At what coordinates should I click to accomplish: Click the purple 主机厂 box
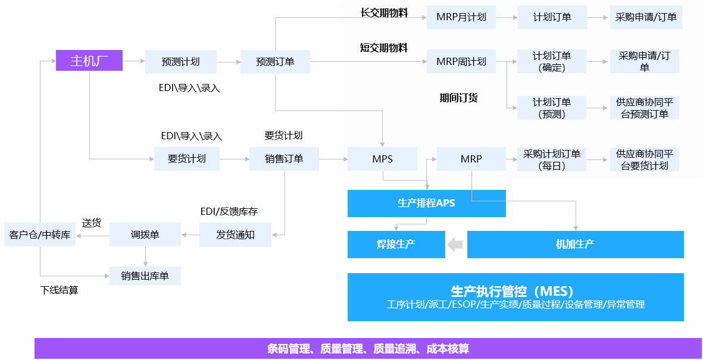pyautogui.click(x=89, y=61)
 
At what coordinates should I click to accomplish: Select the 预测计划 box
pyautogui.click(x=180, y=62)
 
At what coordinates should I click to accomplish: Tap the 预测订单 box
pyautogui.click(x=275, y=62)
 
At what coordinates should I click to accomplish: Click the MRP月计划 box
pyautogui.click(x=461, y=17)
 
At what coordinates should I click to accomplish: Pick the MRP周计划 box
pyautogui.click(x=461, y=61)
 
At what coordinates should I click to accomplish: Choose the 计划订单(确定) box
pyautogui.click(x=552, y=61)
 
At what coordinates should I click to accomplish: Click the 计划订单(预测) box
pyautogui.click(x=552, y=108)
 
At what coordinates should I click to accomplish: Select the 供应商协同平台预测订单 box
pyautogui.click(x=645, y=108)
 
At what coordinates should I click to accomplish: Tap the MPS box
pyautogui.click(x=383, y=159)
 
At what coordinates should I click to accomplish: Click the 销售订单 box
pyautogui.click(x=284, y=159)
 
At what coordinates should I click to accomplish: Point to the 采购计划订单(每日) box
pyautogui.click(x=552, y=159)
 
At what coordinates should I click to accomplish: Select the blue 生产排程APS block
pyautogui.click(x=426, y=203)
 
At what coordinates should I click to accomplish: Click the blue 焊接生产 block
pyautogui.click(x=396, y=244)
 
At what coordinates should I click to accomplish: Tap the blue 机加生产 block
pyautogui.click(x=575, y=244)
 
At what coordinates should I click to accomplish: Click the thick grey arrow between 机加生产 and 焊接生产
pyautogui.click(x=455, y=244)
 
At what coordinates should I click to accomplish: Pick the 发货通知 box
pyautogui.click(x=235, y=235)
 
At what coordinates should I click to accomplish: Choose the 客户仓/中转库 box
pyautogui.click(x=40, y=235)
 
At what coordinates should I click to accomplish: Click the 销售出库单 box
pyautogui.click(x=145, y=276)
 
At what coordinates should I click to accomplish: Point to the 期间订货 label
pyautogui.click(x=458, y=98)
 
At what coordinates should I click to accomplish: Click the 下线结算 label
pyautogui.click(x=59, y=290)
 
